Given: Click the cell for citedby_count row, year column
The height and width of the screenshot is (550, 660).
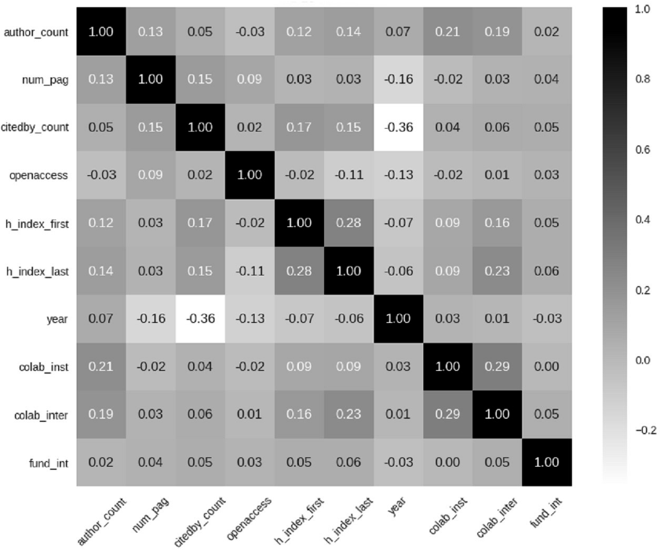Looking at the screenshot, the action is point(398,127).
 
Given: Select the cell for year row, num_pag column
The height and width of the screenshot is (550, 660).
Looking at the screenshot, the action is point(151,319).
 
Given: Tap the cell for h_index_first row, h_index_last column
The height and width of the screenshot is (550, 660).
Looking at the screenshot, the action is point(349,223).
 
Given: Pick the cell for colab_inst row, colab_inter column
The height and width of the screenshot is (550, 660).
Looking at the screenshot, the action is point(497,367).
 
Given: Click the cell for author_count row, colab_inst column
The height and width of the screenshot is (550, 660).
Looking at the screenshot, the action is point(448,31).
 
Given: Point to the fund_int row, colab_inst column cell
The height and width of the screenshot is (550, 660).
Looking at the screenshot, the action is point(448,462).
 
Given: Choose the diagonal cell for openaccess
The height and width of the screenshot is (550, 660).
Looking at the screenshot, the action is point(250,175).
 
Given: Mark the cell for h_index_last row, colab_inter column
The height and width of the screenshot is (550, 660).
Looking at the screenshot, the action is point(497,271).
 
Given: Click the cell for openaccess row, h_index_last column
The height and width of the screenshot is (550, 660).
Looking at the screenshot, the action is point(349,175).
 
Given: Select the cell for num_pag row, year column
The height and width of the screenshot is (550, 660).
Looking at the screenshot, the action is point(398,79).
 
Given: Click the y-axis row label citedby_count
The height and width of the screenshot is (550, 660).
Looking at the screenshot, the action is point(35,127).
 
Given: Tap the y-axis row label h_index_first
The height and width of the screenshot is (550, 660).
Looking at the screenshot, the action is point(37,223).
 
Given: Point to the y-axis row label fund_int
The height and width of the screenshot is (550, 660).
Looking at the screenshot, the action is point(49,464).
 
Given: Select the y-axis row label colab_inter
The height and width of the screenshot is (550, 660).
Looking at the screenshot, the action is point(41,415).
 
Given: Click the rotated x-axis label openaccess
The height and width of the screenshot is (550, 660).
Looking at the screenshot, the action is point(249,519).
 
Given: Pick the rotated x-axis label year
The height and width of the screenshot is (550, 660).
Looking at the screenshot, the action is point(396,506).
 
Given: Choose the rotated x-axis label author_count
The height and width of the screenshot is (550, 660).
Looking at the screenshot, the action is point(101,522).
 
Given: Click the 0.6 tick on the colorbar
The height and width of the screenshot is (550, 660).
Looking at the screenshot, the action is point(643,149).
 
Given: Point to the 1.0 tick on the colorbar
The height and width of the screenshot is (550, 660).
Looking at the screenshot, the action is point(643,9).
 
